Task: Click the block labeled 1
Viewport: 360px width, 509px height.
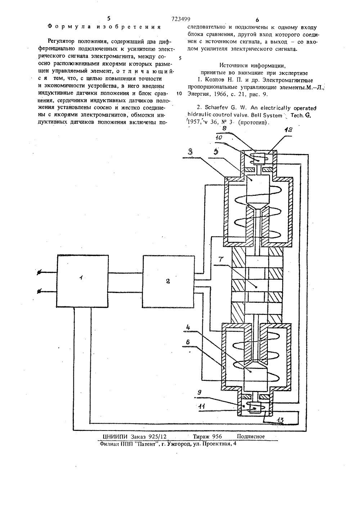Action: pyautogui.click(x=83, y=285)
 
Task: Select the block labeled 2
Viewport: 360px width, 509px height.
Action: pyautogui.click(x=168, y=281)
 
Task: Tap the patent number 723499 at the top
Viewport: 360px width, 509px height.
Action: pyautogui.click(x=181, y=19)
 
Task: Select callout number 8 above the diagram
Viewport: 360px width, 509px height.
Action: pyautogui.click(x=225, y=128)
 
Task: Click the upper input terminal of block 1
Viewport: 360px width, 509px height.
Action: pyautogui.click(x=39, y=272)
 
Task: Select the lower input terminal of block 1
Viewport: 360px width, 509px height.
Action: pyautogui.click(x=39, y=292)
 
